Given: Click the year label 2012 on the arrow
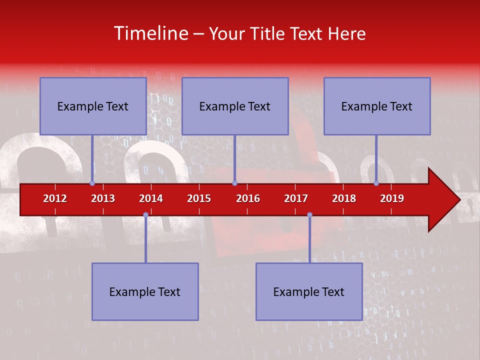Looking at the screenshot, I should pyautogui.click(x=55, y=198).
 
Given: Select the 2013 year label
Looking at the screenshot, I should pyautogui.click(x=103, y=198).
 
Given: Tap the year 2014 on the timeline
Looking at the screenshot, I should pyautogui.click(x=151, y=198).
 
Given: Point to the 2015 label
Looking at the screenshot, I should pyautogui.click(x=199, y=198).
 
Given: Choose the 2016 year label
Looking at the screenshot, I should pyautogui.click(x=248, y=198).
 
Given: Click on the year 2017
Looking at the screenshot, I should pyautogui.click(x=296, y=198).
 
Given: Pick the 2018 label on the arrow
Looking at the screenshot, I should pyautogui.click(x=344, y=198).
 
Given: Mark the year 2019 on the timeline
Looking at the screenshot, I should pyautogui.click(x=392, y=198).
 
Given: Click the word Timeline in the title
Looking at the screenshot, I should pyautogui.click(x=150, y=33).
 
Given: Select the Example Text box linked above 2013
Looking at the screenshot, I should pyautogui.click(x=93, y=106).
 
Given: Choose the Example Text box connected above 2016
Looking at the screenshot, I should pyautogui.click(x=235, y=106).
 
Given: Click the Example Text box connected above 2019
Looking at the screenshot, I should pyautogui.click(x=377, y=106).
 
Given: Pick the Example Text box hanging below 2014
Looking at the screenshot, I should pyautogui.click(x=145, y=291).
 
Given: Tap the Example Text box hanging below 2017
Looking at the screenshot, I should pyautogui.click(x=309, y=291).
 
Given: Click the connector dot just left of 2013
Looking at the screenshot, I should pyautogui.click(x=92, y=183).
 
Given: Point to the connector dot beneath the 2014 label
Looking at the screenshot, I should pyautogui.click(x=145, y=214).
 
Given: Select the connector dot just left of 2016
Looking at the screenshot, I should pyautogui.click(x=234, y=183).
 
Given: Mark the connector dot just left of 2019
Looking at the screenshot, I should pyautogui.click(x=376, y=183).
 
